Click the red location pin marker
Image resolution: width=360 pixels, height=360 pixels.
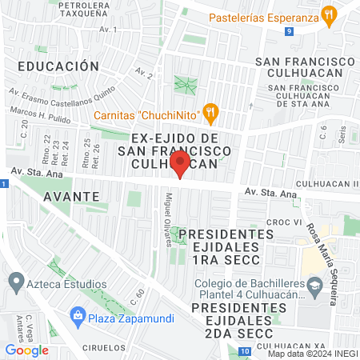pos(180,166)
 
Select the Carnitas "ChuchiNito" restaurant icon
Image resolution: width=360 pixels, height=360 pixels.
pos(211,113)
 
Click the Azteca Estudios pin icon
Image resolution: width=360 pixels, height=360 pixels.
pos(15,282)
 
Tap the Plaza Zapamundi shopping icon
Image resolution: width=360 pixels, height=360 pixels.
pos(78,313)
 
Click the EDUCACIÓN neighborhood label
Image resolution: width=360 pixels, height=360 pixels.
pos(58,66)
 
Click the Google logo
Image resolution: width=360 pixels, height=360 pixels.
pos(26,350)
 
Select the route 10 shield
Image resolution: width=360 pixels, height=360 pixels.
pos(243,351)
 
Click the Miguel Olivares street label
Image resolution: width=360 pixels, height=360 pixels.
pos(168,219)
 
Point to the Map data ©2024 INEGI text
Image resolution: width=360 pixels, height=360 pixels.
pos(311,353)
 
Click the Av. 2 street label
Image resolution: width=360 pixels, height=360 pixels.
pos(144,74)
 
